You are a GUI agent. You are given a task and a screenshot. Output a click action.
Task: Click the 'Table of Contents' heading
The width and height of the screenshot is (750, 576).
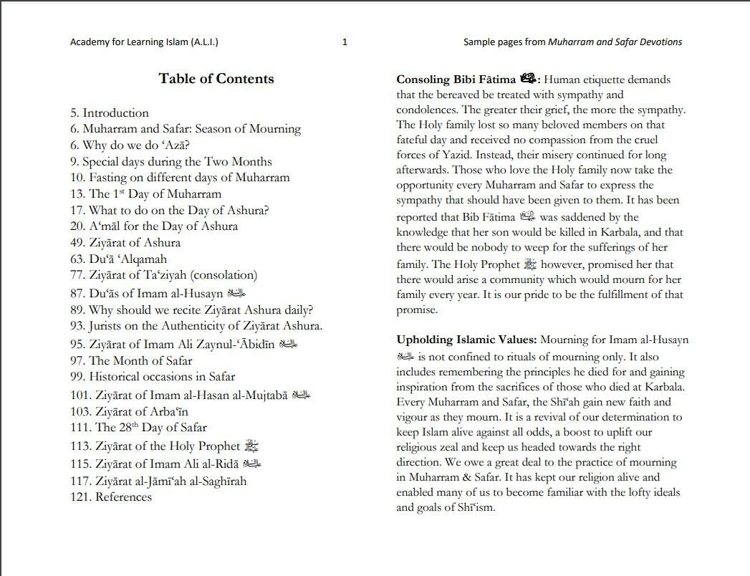(x=216, y=79)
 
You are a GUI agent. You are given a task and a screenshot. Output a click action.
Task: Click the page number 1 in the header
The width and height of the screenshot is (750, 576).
(x=345, y=42)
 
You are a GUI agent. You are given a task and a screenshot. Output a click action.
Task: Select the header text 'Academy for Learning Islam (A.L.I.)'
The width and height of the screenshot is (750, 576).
(x=144, y=42)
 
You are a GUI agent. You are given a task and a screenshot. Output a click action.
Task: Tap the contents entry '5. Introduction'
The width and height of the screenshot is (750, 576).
(x=110, y=113)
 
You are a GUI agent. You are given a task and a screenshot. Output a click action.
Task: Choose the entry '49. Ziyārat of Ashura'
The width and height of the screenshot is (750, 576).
(x=125, y=242)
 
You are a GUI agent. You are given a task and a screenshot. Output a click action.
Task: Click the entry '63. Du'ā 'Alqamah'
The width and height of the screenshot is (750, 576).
(x=118, y=259)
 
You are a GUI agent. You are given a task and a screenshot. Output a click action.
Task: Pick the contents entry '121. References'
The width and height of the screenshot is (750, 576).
(x=111, y=496)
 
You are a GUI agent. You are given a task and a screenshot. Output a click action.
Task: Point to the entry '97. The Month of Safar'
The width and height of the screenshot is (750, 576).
(x=131, y=360)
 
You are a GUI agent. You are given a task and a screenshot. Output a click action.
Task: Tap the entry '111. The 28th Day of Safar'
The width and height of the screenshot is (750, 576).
(x=138, y=428)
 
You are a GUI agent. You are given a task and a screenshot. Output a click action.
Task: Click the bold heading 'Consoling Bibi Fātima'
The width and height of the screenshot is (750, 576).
(x=456, y=80)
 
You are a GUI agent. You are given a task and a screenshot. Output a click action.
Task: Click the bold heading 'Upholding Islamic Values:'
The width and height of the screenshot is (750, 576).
(x=467, y=340)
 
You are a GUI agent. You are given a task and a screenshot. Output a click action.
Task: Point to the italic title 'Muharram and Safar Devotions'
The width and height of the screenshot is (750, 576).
(x=615, y=42)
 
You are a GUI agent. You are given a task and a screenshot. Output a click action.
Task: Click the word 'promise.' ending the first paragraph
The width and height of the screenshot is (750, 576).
(x=416, y=310)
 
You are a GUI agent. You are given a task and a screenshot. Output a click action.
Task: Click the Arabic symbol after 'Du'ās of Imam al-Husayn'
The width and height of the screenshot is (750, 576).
(x=236, y=293)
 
